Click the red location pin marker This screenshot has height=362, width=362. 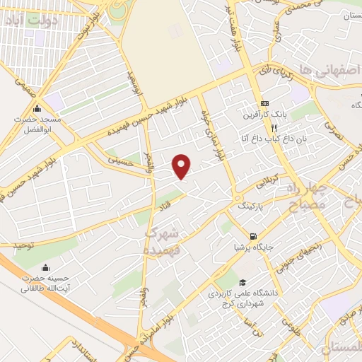pyautogui.click(x=182, y=165)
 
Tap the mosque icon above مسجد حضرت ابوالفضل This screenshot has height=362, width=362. pyautogui.click(x=37, y=108)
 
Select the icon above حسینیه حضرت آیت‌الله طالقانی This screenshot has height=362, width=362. pyautogui.click(x=46, y=267)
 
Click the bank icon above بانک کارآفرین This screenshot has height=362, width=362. pyautogui.click(x=264, y=103)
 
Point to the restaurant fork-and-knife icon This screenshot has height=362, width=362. pyautogui.click(x=274, y=128)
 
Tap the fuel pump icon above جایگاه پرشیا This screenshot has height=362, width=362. pyautogui.click(x=252, y=235)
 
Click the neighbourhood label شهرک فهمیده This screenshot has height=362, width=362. pyautogui.click(x=164, y=241)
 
